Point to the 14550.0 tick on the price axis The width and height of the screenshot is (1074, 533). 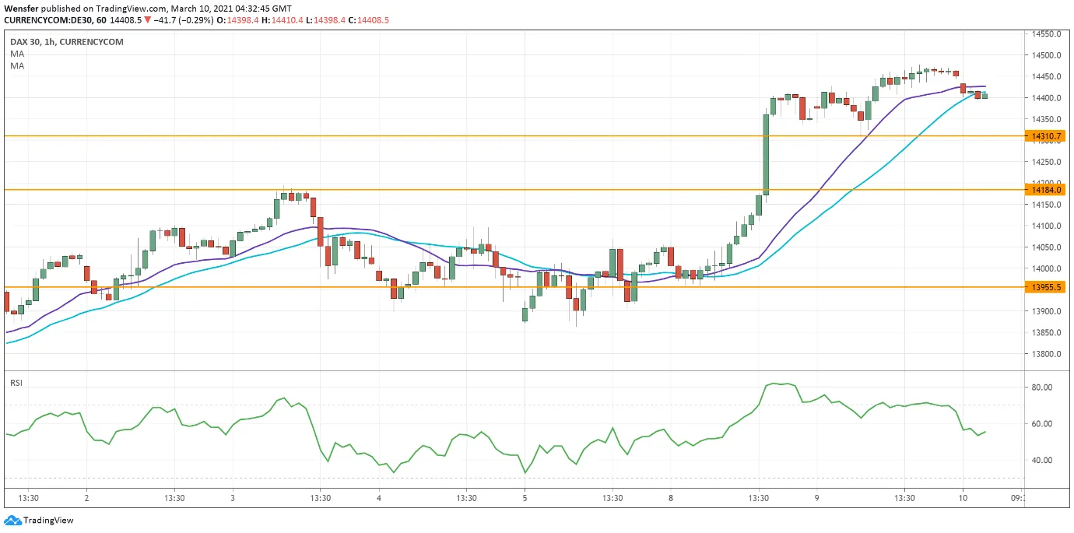pos(1047,34)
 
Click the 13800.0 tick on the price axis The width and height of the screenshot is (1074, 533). pos(1047,354)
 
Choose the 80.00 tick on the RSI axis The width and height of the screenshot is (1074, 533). pos(1042,387)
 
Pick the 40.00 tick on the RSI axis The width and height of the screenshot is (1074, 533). pos(1042,460)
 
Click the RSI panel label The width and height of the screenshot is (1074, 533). pos(16,382)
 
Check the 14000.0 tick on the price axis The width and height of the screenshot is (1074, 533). pos(1047,268)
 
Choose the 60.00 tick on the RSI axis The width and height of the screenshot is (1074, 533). pos(1042,423)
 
